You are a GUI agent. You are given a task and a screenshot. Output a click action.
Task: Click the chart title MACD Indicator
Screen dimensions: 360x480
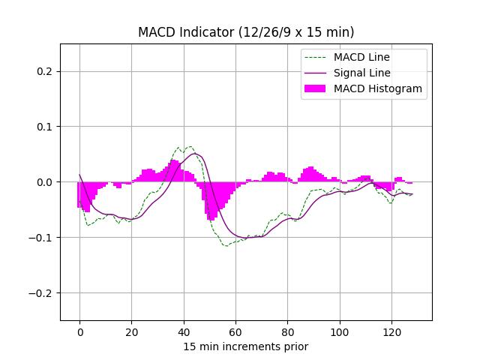tap(246, 32)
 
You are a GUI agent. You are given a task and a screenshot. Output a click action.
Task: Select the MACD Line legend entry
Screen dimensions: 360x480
tap(361, 57)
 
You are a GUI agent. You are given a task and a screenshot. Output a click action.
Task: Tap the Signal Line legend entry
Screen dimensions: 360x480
tap(361, 73)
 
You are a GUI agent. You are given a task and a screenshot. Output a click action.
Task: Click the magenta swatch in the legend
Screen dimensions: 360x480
tap(316, 88)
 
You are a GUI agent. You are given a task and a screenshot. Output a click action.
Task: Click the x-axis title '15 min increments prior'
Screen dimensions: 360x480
tap(246, 346)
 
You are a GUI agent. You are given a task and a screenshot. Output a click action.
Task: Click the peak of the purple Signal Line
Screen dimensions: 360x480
tap(196, 154)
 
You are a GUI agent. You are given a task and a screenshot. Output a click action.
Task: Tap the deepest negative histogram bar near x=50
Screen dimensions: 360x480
tap(212, 217)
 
